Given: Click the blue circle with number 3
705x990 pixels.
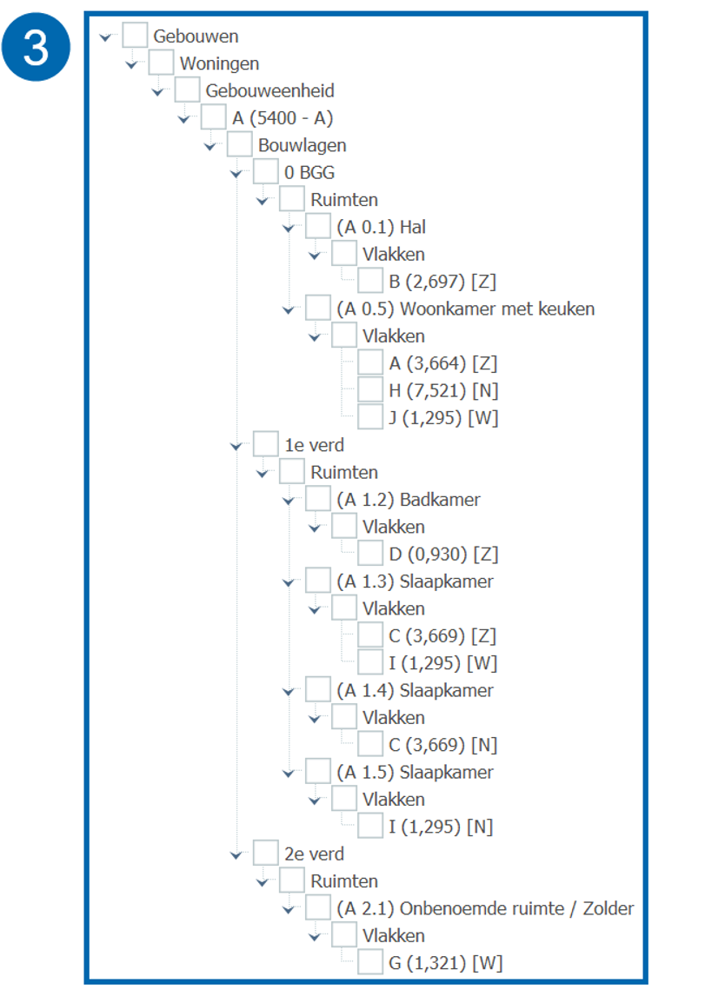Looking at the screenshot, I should click(36, 48).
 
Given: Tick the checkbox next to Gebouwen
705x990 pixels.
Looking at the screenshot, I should click(135, 37).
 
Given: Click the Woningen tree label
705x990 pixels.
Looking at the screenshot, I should click(219, 63).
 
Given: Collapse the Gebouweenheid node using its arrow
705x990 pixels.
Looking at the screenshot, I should click(157, 92).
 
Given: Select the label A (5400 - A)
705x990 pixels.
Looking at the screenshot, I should click(283, 118).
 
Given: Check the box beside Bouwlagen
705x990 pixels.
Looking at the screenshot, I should click(240, 145).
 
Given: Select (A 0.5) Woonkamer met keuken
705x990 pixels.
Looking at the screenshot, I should click(465, 309).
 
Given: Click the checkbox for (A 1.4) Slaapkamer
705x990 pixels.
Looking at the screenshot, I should click(318, 690).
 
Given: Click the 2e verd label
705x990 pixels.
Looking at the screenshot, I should click(315, 854).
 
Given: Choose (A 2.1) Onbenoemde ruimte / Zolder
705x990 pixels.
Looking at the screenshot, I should click(485, 908).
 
